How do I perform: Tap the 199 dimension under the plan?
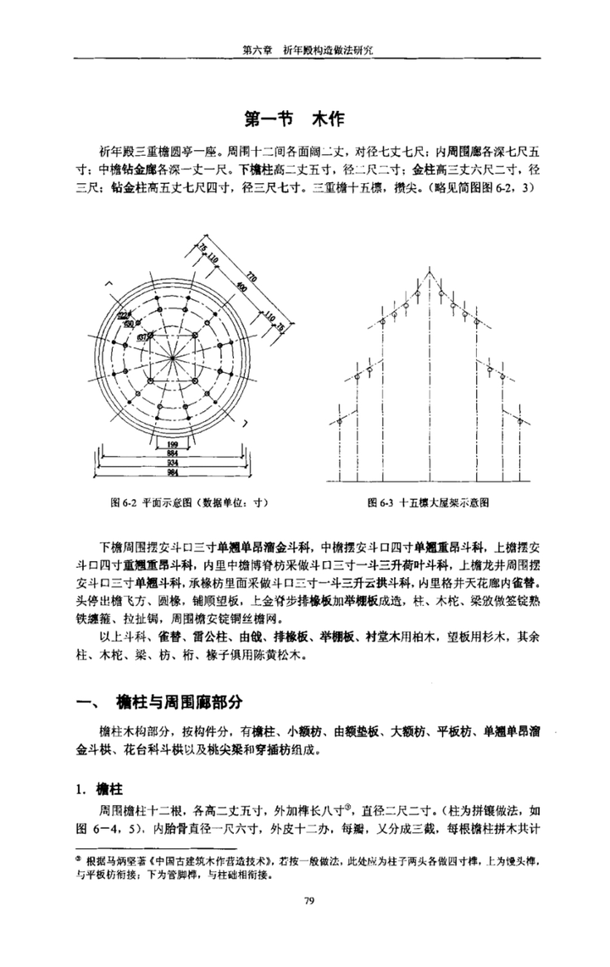click(172, 443)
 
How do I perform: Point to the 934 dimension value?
click(172, 464)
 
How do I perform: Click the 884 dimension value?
click(172, 453)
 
